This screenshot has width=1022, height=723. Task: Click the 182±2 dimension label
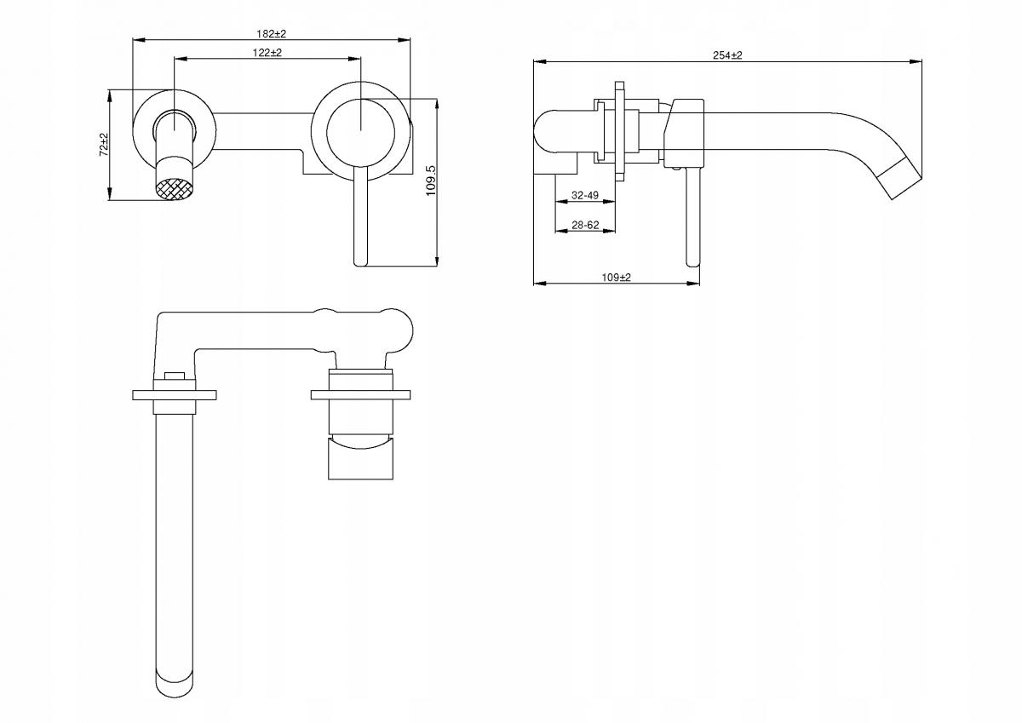point(272,33)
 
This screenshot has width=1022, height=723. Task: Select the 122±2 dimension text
point(267,53)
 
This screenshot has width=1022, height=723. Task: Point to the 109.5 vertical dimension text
point(431,181)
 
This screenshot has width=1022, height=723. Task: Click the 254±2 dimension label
point(727,55)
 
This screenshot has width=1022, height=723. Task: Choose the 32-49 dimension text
point(585,195)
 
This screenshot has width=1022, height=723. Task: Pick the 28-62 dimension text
point(585,225)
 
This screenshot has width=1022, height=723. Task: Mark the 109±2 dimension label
point(616,278)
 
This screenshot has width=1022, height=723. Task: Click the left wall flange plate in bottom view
point(175,394)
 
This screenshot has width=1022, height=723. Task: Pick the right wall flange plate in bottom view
point(361,394)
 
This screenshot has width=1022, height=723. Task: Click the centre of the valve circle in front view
point(361,129)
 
